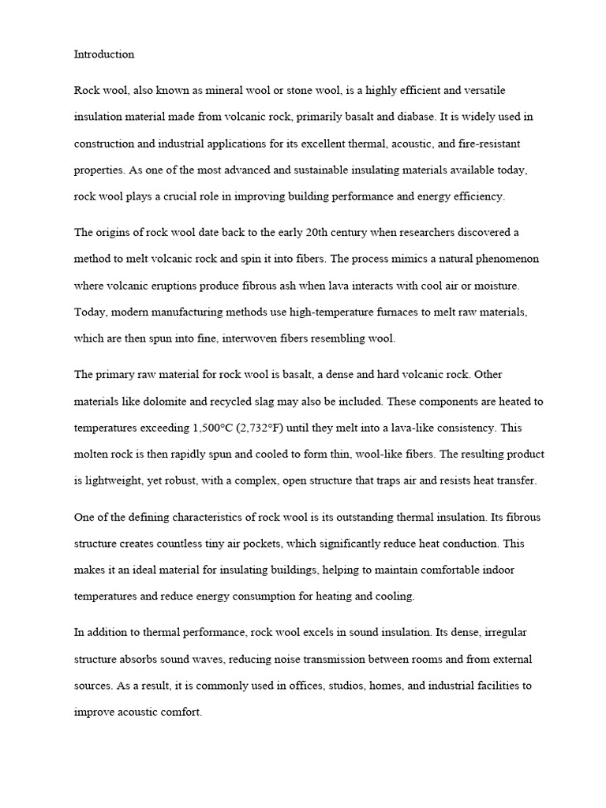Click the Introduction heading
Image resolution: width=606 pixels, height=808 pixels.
104,54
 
